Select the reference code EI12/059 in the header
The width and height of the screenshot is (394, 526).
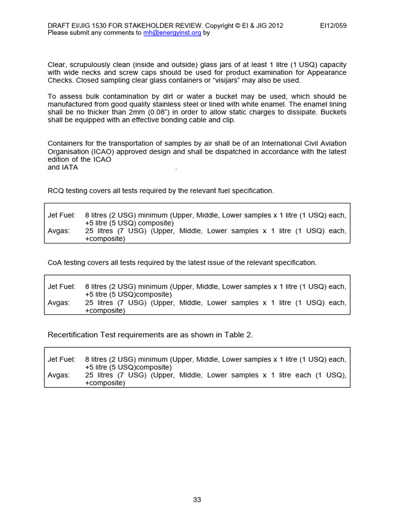(333, 26)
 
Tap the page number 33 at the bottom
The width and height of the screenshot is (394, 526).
(197, 500)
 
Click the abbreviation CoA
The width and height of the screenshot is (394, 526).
(55, 262)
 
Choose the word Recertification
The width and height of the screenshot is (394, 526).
(72, 335)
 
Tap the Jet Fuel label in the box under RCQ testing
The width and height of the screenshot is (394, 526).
(61, 215)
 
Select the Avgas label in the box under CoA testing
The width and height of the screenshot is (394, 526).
(58, 303)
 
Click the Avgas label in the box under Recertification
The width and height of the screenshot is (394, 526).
(58, 375)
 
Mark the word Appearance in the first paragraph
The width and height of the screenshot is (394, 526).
(328, 72)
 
